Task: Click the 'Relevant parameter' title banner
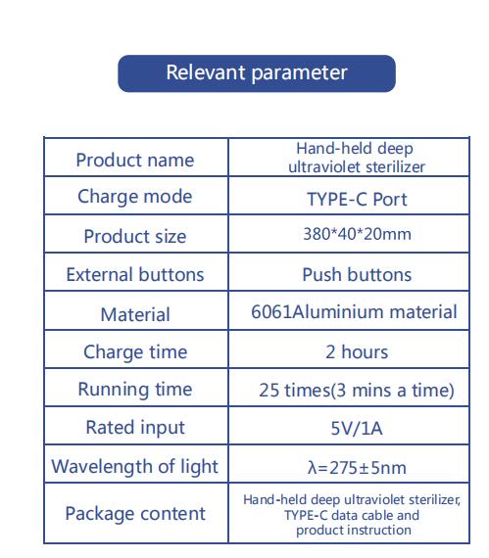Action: pyautogui.click(x=257, y=73)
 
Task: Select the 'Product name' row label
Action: pyautogui.click(x=135, y=160)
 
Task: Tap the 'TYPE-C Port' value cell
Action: pyautogui.click(x=357, y=199)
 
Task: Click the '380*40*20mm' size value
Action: pyautogui.click(x=357, y=234)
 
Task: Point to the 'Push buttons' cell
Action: pyautogui.click(x=357, y=274)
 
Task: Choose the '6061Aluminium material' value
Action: pyautogui.click(x=354, y=311)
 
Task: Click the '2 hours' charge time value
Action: pyautogui.click(x=357, y=352)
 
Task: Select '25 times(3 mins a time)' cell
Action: pyautogui.click(x=357, y=390)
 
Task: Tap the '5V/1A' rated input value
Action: pyautogui.click(x=357, y=428)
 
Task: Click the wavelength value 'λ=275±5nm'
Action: pyautogui.click(x=357, y=468)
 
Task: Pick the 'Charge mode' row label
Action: pyautogui.click(x=135, y=197)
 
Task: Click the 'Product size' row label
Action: pyautogui.click(x=135, y=236)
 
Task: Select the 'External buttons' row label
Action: pyautogui.click(x=135, y=274)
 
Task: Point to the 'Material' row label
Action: pyautogui.click(x=135, y=314)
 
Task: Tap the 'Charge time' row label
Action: pyautogui.click(x=135, y=352)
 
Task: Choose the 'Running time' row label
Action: pyautogui.click(x=135, y=390)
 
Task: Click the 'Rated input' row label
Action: pyautogui.click(x=135, y=428)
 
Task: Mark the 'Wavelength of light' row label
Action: pyautogui.click(x=134, y=467)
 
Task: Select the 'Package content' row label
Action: pyautogui.click(x=135, y=514)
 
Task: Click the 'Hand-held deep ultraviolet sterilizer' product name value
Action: pyautogui.click(x=356, y=158)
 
